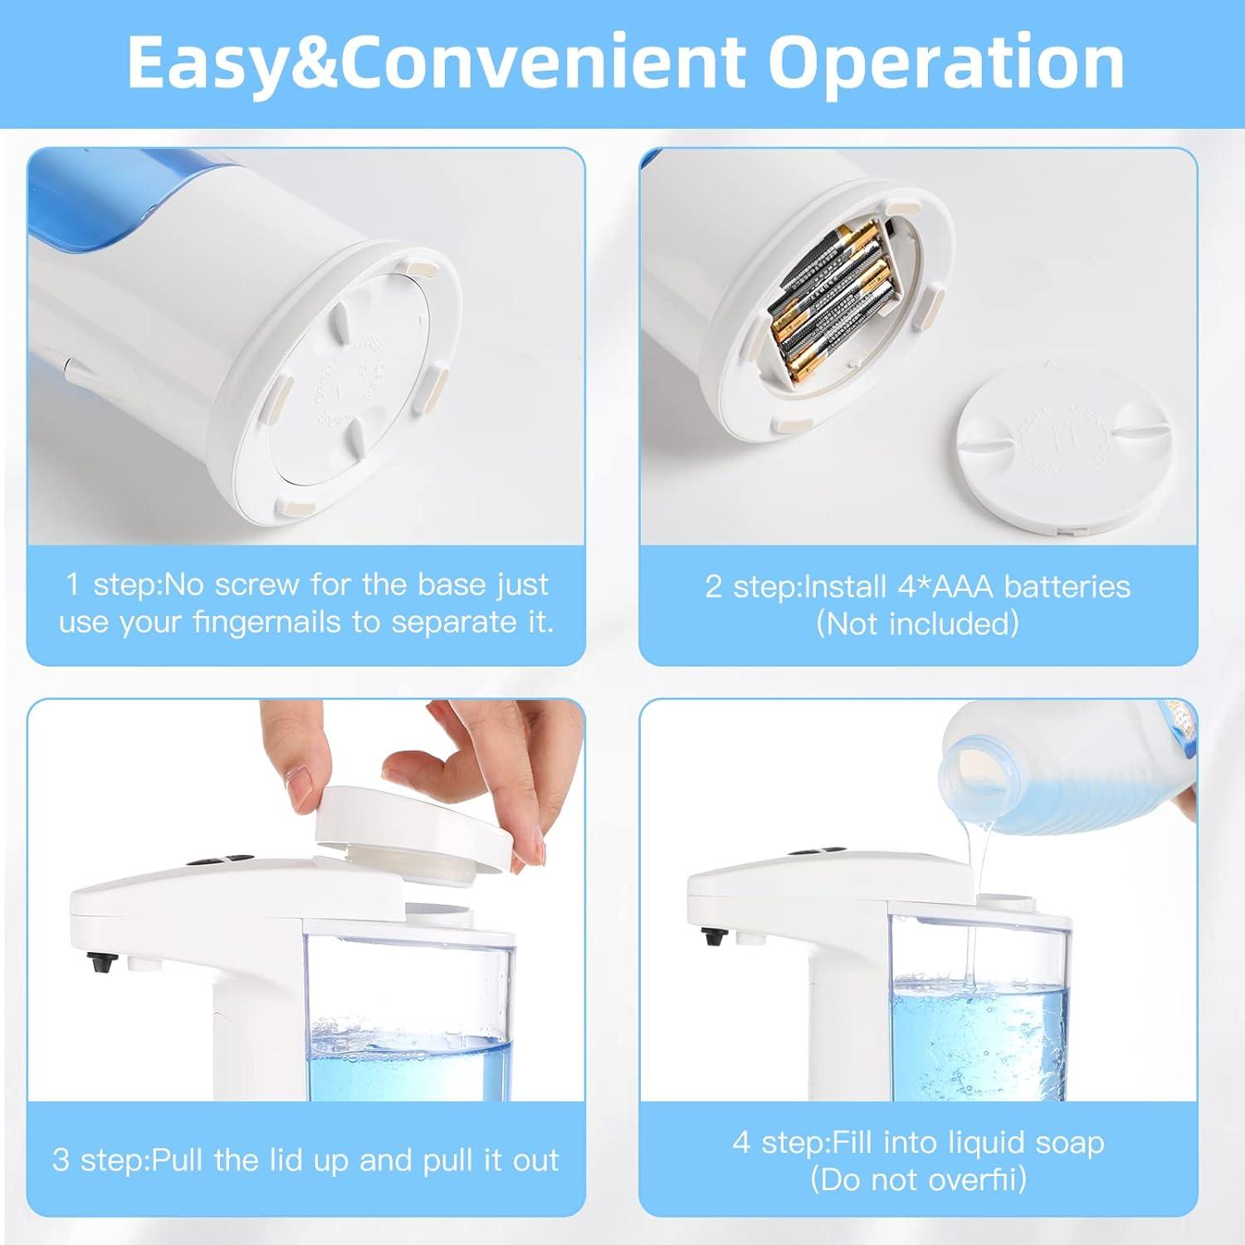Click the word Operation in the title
(946, 63)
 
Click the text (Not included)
(917, 623)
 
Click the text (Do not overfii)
(918, 1179)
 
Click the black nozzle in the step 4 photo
(712, 938)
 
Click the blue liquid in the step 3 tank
(407, 1071)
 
